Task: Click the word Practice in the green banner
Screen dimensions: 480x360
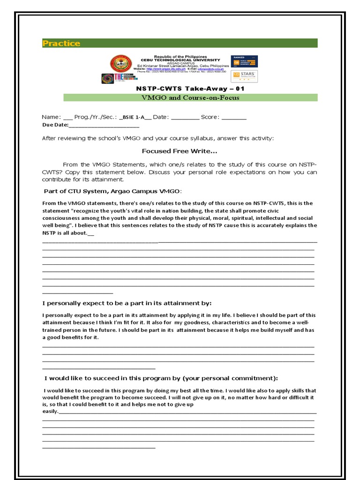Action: tap(61, 44)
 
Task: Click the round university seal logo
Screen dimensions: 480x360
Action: tap(121, 64)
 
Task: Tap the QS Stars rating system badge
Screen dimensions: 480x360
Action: tap(244, 76)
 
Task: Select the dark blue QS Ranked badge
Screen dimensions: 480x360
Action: tap(244, 61)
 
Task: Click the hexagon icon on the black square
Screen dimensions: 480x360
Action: tap(107, 79)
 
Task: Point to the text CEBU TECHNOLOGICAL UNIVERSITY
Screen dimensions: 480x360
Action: tap(180, 60)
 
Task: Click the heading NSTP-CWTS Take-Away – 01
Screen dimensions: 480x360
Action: tap(190, 89)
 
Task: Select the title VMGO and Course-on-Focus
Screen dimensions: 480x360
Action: tap(190, 97)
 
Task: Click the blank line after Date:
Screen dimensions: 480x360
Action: tap(185, 118)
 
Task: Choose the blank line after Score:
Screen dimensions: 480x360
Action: tap(233, 118)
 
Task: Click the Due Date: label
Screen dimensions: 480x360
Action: tap(55, 125)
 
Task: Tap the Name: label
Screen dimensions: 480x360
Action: tap(51, 117)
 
